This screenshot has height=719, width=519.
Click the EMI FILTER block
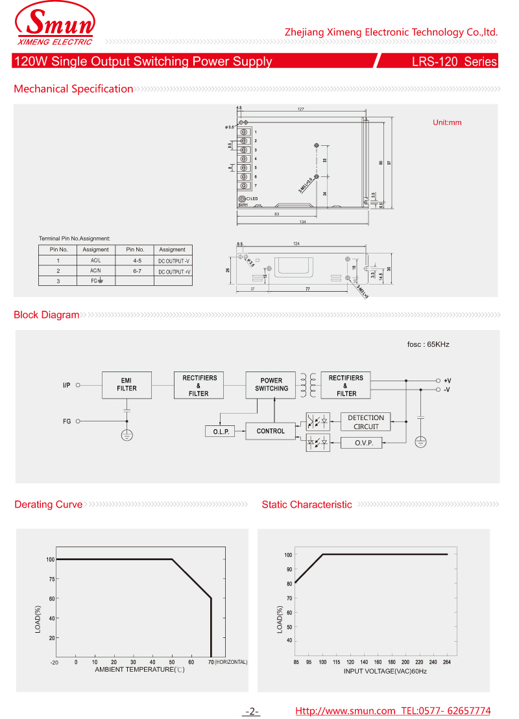point(127,384)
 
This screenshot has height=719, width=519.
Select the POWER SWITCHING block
point(271,384)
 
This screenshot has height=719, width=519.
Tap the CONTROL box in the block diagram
point(271,431)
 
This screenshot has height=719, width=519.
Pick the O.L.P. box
point(221,432)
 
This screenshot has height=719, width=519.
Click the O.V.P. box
point(361,443)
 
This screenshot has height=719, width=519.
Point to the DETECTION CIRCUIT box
point(365,422)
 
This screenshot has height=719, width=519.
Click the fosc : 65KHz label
point(428,344)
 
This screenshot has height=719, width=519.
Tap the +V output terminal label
point(448,381)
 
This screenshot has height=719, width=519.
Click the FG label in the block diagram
point(67,421)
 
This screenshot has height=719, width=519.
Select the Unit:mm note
point(447,123)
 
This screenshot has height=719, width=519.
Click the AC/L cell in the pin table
point(95,260)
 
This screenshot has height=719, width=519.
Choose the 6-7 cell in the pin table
point(138,270)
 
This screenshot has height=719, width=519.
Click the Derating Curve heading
point(49,504)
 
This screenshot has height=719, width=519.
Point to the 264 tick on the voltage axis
point(446,662)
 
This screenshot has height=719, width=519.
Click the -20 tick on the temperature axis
point(54,662)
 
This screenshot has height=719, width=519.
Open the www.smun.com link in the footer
point(345,711)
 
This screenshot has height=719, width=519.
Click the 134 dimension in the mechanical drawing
point(302,222)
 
